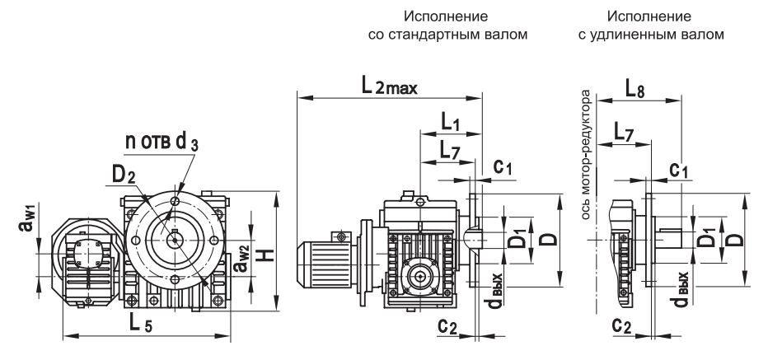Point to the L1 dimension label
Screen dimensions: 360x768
coord(449,123)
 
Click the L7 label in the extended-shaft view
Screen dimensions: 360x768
coord(626,131)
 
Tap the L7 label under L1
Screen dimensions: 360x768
coord(449,150)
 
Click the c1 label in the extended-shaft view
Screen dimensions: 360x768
coord(681,170)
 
